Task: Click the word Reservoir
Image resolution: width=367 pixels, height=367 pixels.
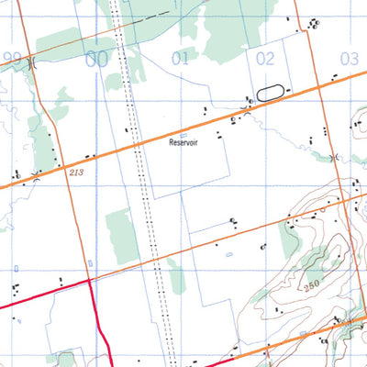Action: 183,143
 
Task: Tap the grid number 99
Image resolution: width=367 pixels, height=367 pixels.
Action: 12,58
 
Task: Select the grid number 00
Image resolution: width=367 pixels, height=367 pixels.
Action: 95,60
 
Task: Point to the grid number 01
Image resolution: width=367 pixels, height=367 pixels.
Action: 180,59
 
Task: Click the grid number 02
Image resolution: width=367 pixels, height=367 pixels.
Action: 265,58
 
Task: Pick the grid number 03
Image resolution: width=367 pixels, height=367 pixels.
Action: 349,59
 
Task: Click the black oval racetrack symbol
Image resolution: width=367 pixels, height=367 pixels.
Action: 268,91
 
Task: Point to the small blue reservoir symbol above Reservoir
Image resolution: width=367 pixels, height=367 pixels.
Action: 183,135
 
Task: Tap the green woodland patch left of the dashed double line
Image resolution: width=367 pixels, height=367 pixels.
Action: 120,235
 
